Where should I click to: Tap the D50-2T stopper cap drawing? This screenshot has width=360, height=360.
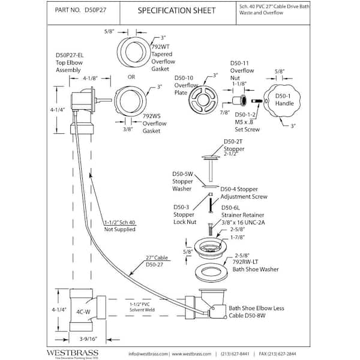coord(211,161)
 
